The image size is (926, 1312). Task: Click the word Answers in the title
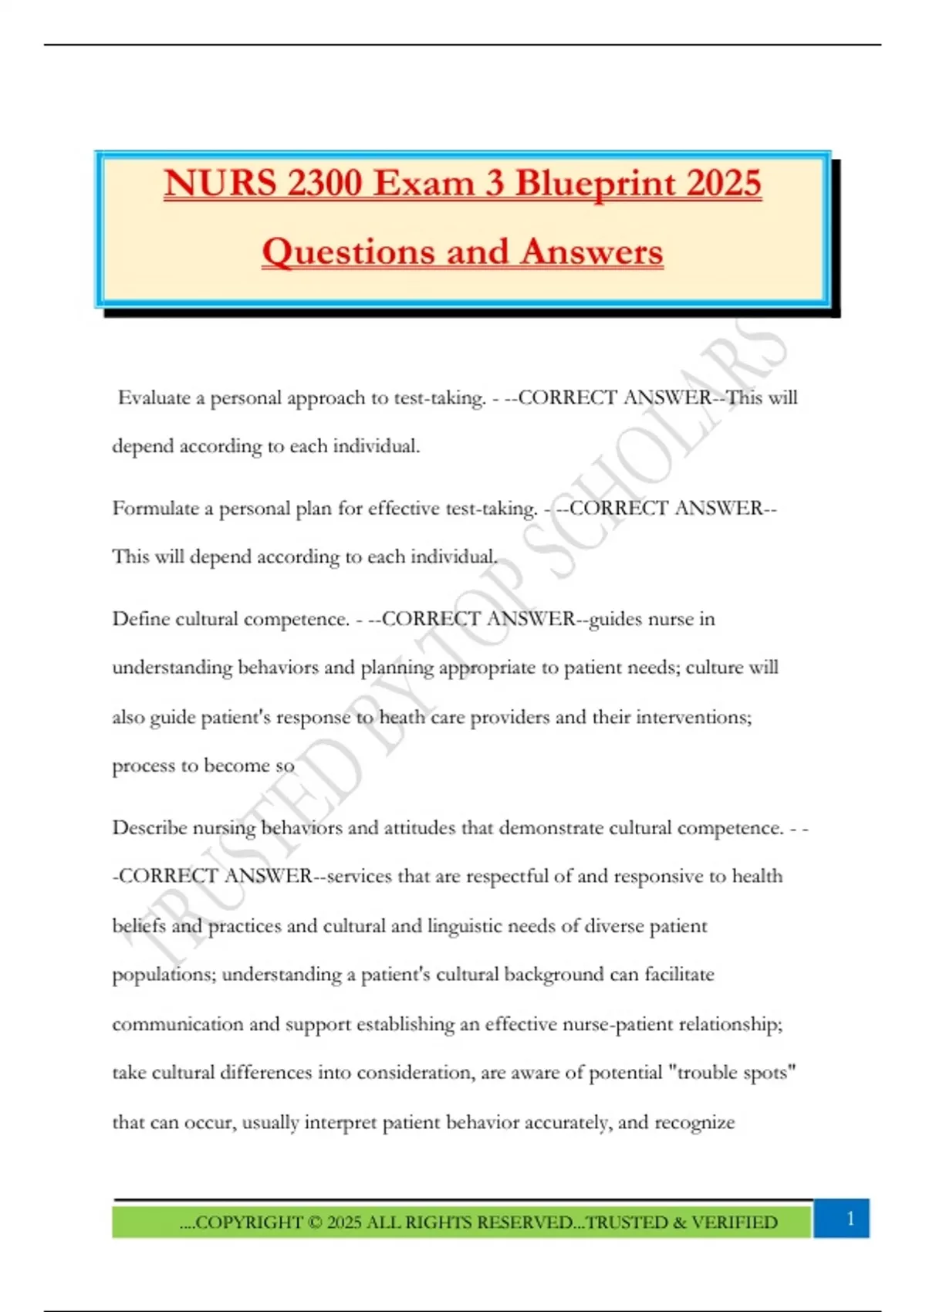click(x=592, y=252)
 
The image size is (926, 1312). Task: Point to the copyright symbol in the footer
click(x=314, y=1222)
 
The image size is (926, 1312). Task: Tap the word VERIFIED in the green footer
click(x=734, y=1222)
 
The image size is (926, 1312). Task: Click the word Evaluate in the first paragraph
click(x=154, y=398)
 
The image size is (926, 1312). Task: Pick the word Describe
click(x=149, y=828)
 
